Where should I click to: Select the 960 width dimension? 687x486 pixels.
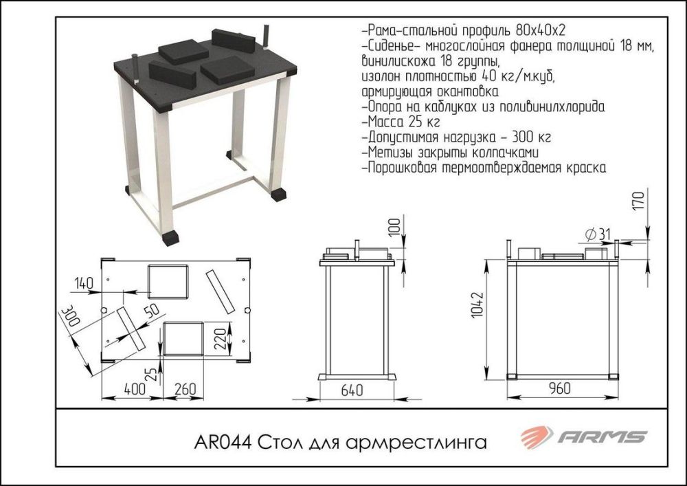(561, 389)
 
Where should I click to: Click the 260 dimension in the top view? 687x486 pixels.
(183, 389)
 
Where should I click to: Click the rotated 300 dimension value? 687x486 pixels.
(69, 320)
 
